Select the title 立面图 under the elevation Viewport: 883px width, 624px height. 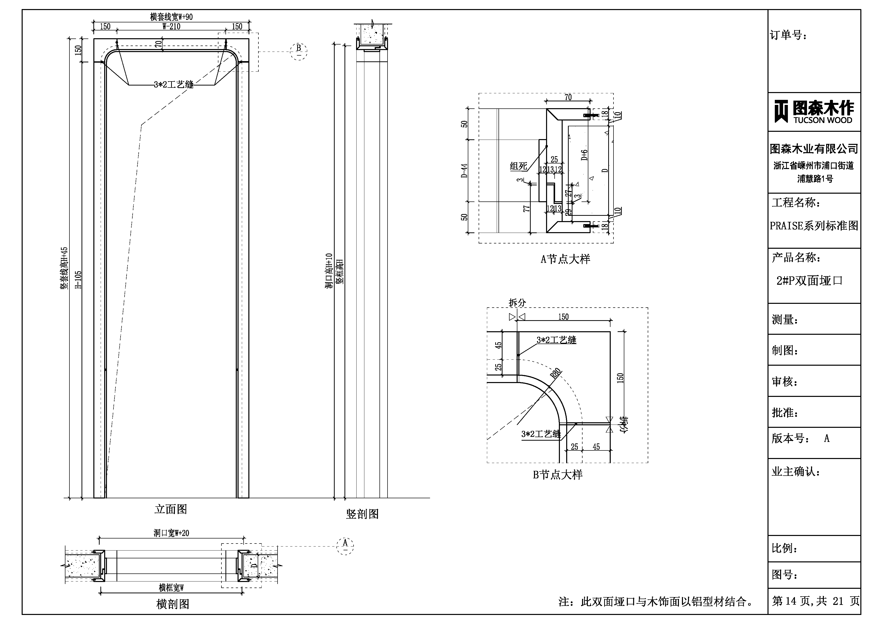pos(171,509)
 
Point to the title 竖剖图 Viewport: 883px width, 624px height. pos(362,514)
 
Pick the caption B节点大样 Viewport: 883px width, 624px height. pos(557,475)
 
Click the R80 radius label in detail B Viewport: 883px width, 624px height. pos(555,373)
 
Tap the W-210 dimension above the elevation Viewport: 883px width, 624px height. pos(171,26)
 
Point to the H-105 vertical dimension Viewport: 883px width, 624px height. pos(78,280)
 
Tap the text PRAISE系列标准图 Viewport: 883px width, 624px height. pos(814,226)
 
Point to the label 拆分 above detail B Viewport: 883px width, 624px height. pos(517,303)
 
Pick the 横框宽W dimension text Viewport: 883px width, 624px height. pos(171,588)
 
